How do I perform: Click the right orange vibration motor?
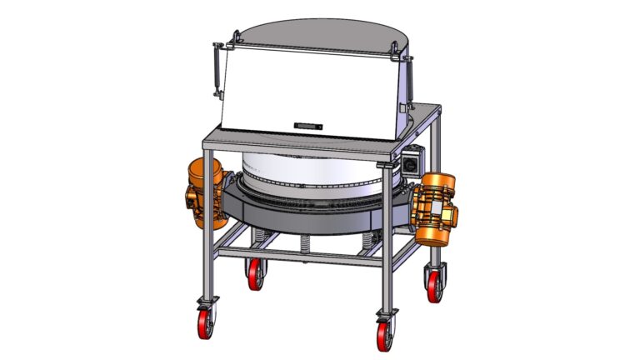point(436,208)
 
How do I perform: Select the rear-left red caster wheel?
point(255,275)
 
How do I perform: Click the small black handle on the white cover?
point(307,125)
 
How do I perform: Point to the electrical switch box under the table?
point(412,162)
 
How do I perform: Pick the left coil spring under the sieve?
point(262,237)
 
